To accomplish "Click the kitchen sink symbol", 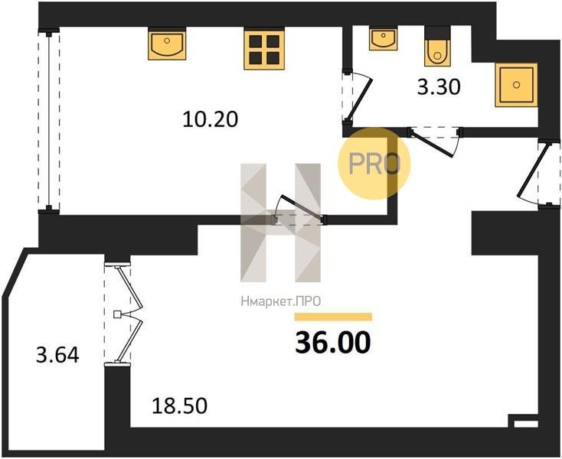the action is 167,44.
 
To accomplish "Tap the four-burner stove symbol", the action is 264,48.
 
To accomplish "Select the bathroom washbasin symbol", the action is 383,38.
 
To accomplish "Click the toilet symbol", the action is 437,47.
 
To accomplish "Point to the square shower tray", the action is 517,85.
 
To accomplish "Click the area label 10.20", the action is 210,119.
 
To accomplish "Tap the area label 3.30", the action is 439,87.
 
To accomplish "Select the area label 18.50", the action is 180,406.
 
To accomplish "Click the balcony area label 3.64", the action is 57,356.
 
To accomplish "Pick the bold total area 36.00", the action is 332,342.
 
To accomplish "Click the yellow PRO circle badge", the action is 374,164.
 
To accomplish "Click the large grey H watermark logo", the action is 281,223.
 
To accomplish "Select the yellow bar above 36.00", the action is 333,317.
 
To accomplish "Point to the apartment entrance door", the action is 537,174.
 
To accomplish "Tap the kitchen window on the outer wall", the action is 49,121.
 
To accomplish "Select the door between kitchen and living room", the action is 299,210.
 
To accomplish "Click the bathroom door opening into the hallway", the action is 434,141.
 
